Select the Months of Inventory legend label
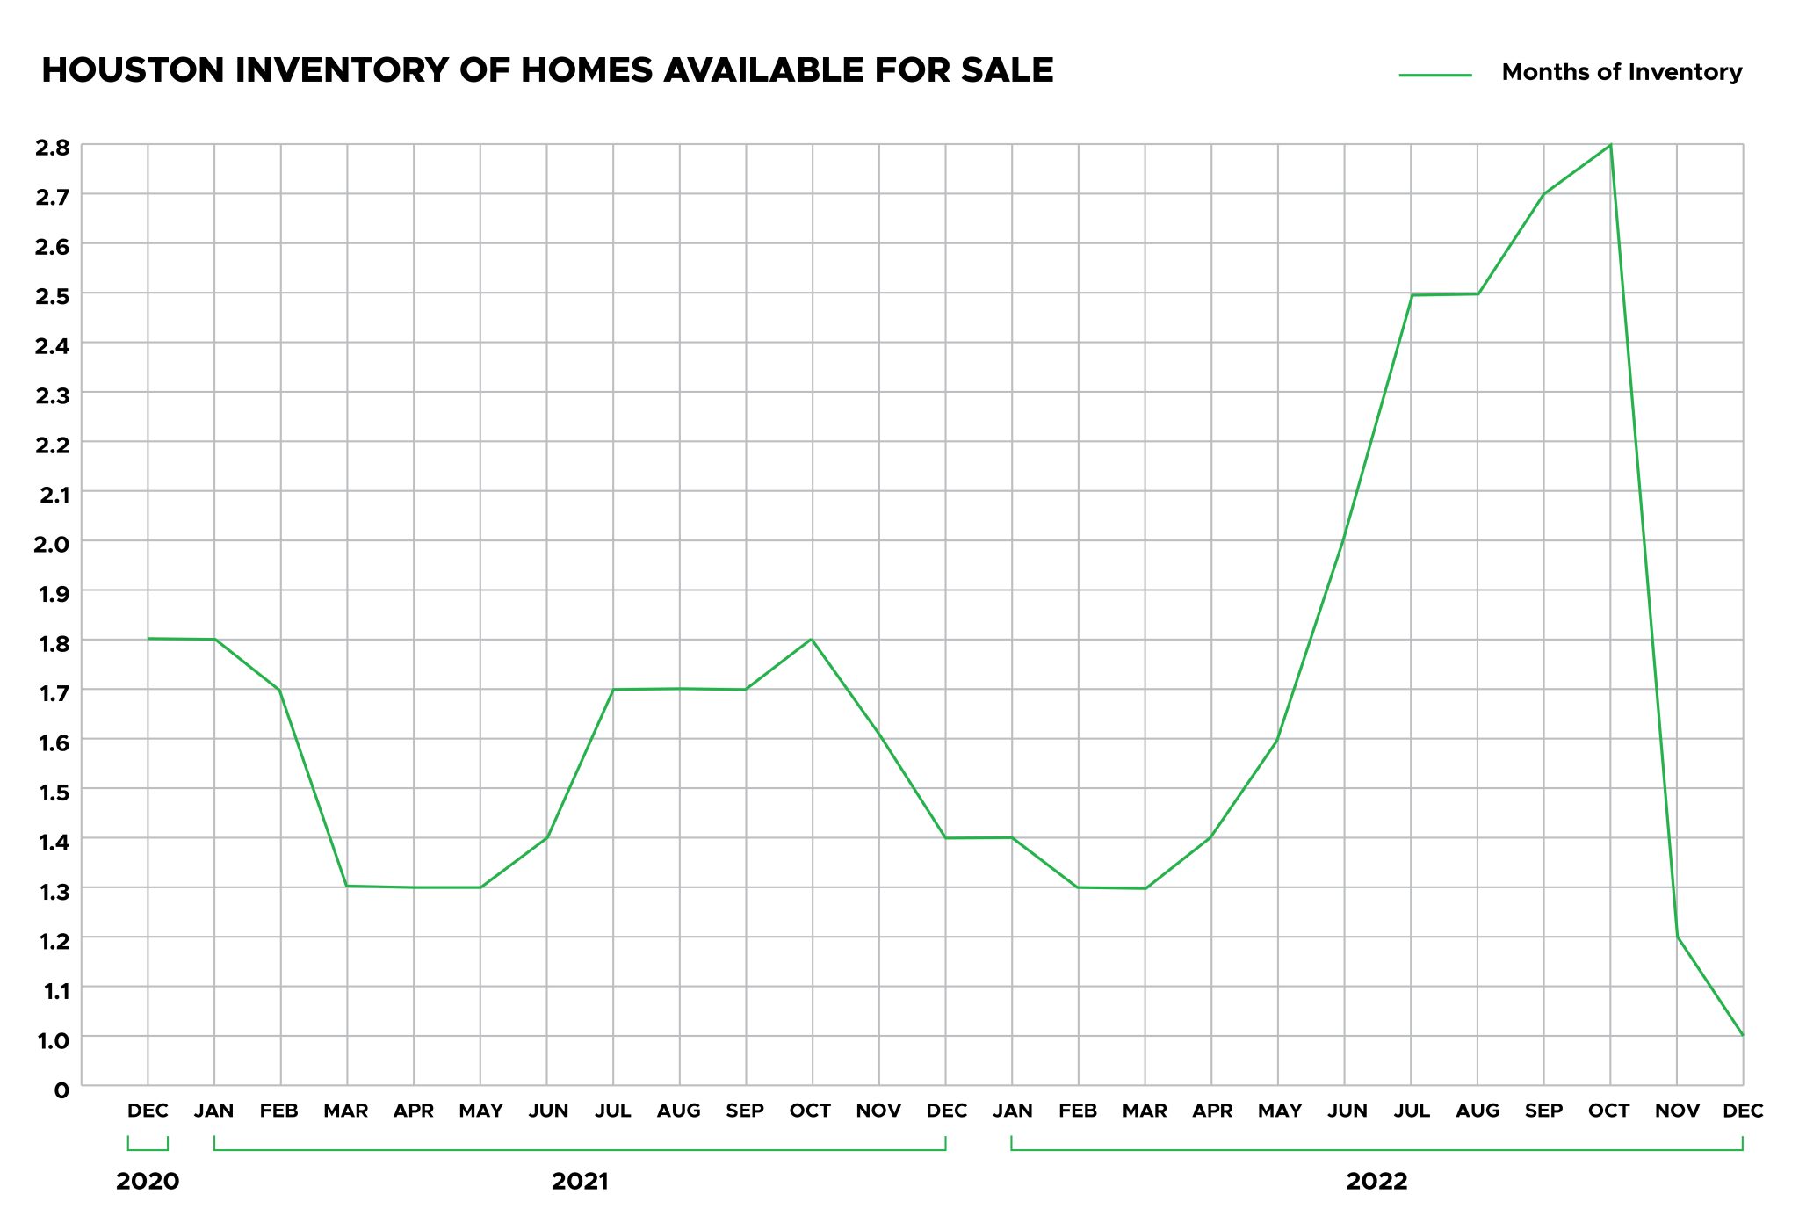pyautogui.click(x=1622, y=72)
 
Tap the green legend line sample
pyautogui.click(x=1435, y=76)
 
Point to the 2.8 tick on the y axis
pyautogui.click(x=52, y=147)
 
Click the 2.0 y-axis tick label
pyautogui.click(x=52, y=544)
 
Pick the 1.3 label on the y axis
pyautogui.click(x=52, y=892)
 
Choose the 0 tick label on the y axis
pyautogui.click(x=61, y=1090)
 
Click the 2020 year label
pyautogui.click(x=148, y=1182)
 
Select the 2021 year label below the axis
pyautogui.click(x=580, y=1182)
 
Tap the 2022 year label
pyautogui.click(x=1376, y=1182)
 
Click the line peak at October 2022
pyautogui.click(x=1610, y=145)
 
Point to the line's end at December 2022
pyautogui.click(x=1743, y=1035)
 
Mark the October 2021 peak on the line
pyautogui.click(x=812, y=639)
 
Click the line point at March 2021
pyautogui.click(x=347, y=886)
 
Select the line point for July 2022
pyautogui.click(x=1412, y=295)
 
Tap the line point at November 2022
pyautogui.click(x=1677, y=937)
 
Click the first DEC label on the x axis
pyautogui.click(x=148, y=1111)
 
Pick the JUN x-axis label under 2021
pyautogui.click(x=547, y=1111)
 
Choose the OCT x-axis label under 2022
pyautogui.click(x=1609, y=1111)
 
